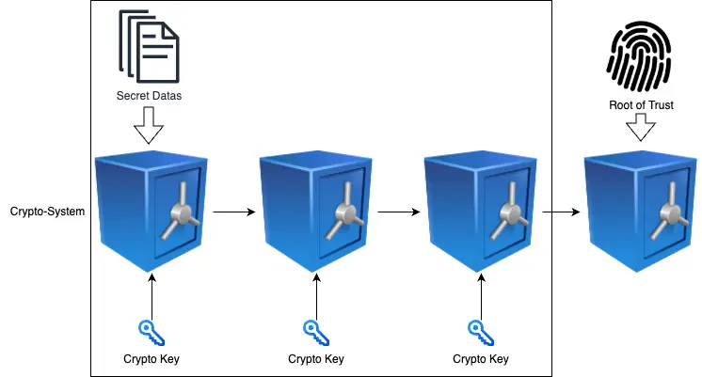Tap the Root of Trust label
(640, 105)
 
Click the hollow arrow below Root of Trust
(640, 128)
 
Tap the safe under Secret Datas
(151, 211)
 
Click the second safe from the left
(315, 211)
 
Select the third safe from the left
(480, 211)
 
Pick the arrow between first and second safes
(233, 212)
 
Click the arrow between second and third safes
(398, 212)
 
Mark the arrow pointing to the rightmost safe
(561, 212)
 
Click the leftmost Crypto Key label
(151, 358)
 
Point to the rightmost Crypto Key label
(480, 358)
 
